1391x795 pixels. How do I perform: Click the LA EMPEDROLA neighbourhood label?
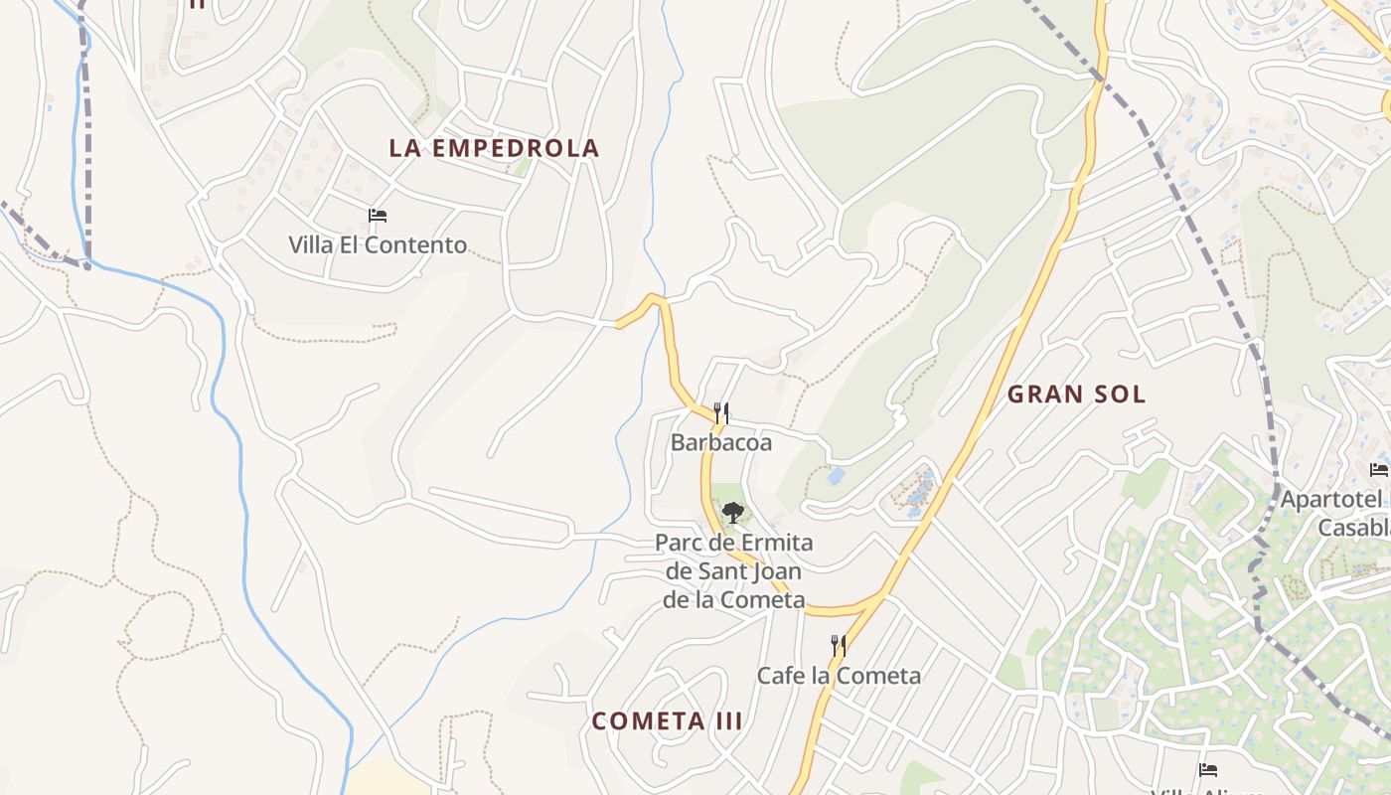(494, 148)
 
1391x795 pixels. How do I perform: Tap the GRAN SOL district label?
(1076, 394)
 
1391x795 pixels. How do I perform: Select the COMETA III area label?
(667, 721)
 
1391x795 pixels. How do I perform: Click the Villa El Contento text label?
(378, 244)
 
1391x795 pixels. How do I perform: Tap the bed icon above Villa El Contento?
(377, 215)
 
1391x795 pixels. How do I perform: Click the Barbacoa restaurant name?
(721, 442)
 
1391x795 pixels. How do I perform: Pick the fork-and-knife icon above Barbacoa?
(721, 412)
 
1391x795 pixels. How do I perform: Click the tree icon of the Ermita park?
(733, 513)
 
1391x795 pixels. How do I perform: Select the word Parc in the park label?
(679, 543)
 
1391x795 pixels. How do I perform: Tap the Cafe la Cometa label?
(839, 676)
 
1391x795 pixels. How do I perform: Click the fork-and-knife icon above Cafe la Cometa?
(839, 646)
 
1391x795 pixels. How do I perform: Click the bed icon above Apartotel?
(1378, 469)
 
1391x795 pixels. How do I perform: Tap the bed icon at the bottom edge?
(1207, 770)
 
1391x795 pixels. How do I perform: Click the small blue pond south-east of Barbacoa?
(836, 476)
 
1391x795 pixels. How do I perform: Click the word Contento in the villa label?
(416, 244)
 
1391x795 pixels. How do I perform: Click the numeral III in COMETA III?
(726, 721)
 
